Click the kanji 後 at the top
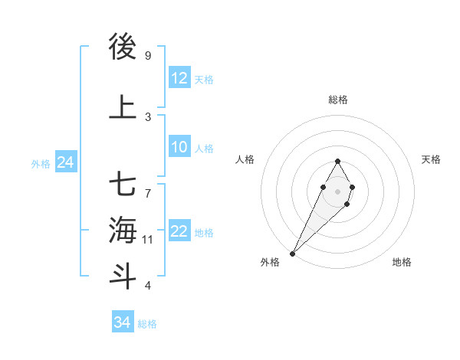(x=123, y=47)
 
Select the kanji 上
(x=123, y=108)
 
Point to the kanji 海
(x=123, y=230)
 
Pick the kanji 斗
(x=123, y=276)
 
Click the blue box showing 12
(x=179, y=78)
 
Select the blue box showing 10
(x=179, y=147)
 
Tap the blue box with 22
(x=179, y=232)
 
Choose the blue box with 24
(x=65, y=162)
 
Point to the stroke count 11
(x=148, y=240)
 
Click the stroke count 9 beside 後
(x=148, y=55)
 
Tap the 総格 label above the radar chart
(x=338, y=100)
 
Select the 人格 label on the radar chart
(x=245, y=159)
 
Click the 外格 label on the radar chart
(x=270, y=262)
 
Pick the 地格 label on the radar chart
(x=402, y=262)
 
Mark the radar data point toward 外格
(x=292, y=253)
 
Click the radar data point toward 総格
(x=337, y=161)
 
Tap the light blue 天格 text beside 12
(x=204, y=79)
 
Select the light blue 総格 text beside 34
(x=147, y=324)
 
